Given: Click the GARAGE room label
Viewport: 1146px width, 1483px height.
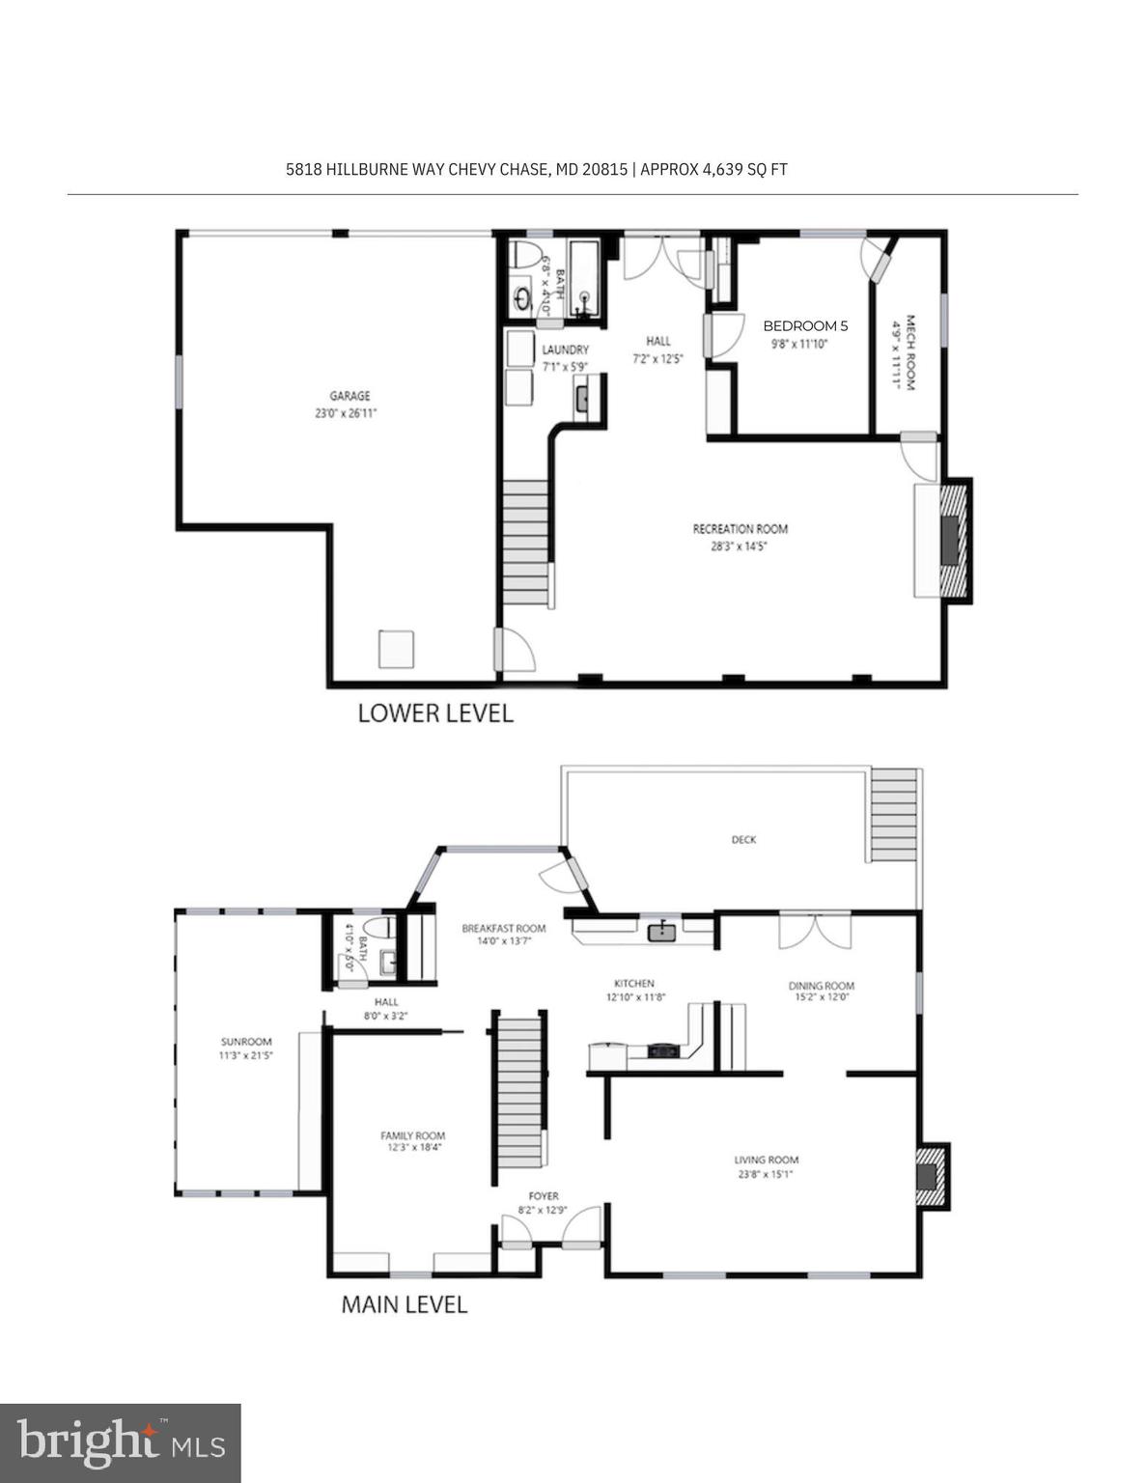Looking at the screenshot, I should pyautogui.click(x=349, y=396).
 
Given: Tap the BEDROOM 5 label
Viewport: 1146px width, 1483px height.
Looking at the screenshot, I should pyautogui.click(x=804, y=326).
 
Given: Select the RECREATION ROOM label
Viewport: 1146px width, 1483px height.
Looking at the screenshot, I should pyautogui.click(x=740, y=529).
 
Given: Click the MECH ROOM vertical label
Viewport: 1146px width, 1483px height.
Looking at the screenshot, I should pyautogui.click(x=908, y=352).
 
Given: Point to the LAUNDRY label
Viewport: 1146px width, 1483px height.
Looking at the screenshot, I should pyautogui.click(x=565, y=350).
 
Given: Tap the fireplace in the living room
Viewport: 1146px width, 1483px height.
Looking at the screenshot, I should pyautogui.click(x=929, y=1176).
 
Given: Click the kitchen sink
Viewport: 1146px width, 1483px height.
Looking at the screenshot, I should pyautogui.click(x=662, y=932).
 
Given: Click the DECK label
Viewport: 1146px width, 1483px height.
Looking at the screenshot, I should pyautogui.click(x=743, y=840).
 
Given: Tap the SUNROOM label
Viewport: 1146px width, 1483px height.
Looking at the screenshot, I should pyautogui.click(x=246, y=1042).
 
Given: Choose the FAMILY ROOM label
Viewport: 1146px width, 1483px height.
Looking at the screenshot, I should pyautogui.click(x=412, y=1136).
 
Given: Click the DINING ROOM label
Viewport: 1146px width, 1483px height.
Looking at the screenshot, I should pyautogui.click(x=821, y=986).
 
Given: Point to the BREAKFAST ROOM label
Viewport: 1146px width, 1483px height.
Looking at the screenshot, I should pyautogui.click(x=503, y=929).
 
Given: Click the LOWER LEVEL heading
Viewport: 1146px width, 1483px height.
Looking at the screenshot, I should pyautogui.click(x=434, y=714).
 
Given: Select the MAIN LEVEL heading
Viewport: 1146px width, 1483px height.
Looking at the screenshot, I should pyautogui.click(x=404, y=1305).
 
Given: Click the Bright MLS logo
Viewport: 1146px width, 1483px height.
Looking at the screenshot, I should pyautogui.click(x=120, y=1443).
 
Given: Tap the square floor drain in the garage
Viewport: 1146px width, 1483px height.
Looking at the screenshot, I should pyautogui.click(x=396, y=649).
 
